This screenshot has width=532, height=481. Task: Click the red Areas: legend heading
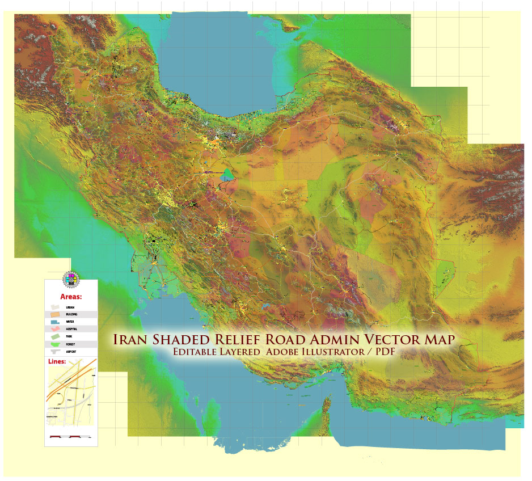pos(71,296)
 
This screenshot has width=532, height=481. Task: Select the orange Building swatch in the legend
pos(54,314)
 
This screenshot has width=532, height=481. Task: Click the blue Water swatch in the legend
pos(54,322)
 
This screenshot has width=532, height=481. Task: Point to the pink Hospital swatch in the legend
pos(54,329)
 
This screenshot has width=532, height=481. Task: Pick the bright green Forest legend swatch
pos(54,344)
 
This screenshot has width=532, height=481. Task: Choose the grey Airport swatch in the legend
pos(54,352)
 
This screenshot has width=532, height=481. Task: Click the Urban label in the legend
pos(70,307)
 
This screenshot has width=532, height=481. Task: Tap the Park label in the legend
pos(69,336)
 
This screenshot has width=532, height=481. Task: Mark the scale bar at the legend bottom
pos(70,437)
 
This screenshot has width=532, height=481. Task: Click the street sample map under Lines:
pos(71,397)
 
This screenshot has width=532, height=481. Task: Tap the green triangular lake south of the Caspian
pos(227,174)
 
